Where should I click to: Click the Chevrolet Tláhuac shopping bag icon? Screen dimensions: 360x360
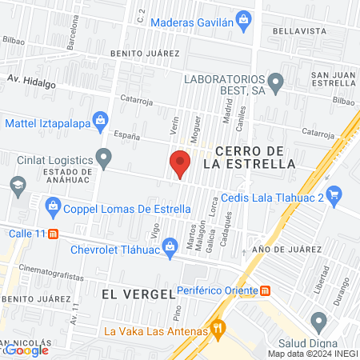pos(170,246)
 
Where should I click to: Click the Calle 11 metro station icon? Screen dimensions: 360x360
pos(53,234)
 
